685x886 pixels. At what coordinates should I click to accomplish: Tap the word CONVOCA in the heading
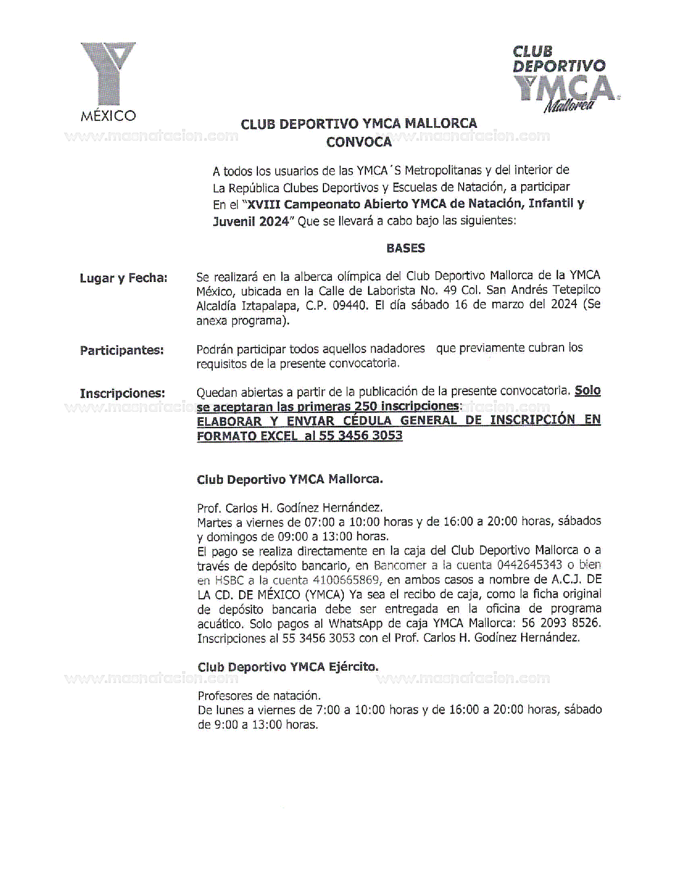click(359, 142)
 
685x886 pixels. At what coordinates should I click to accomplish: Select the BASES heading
click(406, 248)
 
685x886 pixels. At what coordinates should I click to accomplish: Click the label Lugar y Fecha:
click(124, 278)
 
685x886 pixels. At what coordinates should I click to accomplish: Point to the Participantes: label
click(122, 351)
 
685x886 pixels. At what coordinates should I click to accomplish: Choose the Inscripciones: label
click(122, 394)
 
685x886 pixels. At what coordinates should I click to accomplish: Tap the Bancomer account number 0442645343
click(530, 565)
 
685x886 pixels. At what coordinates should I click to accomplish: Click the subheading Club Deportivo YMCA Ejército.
click(288, 667)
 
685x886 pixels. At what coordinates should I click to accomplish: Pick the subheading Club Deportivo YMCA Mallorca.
click(290, 480)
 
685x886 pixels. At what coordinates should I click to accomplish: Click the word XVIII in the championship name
click(264, 204)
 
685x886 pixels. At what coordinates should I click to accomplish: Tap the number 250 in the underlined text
click(365, 406)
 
